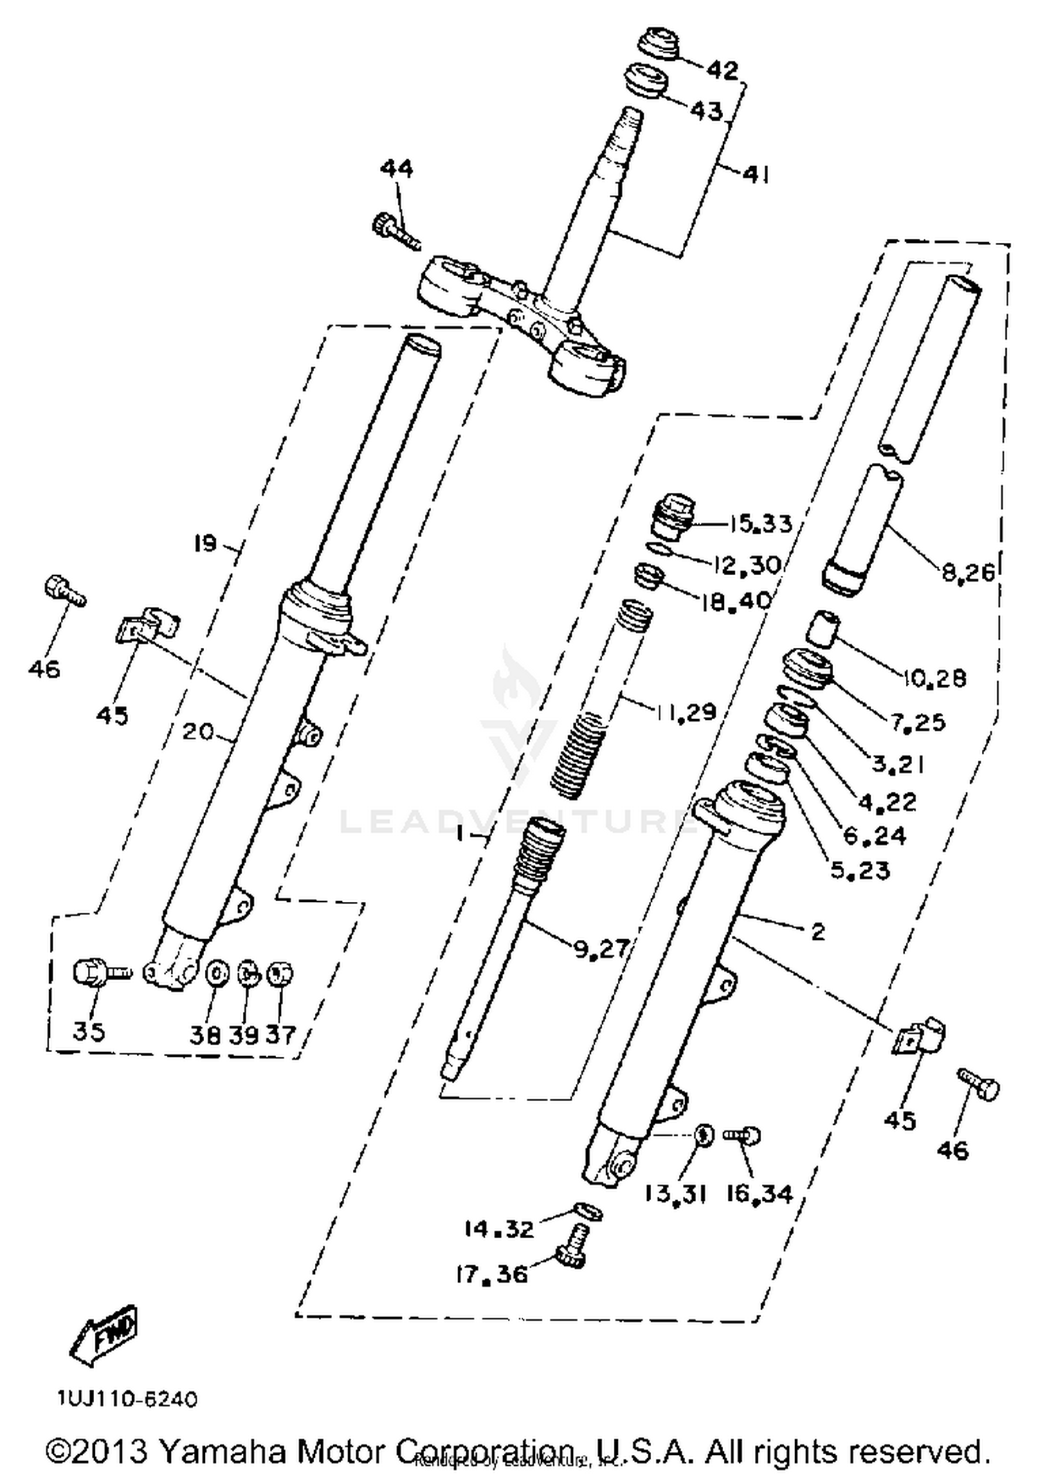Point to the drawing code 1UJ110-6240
[128, 1399]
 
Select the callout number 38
[205, 1035]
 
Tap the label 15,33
[759, 524]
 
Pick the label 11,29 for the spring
[684, 712]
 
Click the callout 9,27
[600, 948]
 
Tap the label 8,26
[967, 571]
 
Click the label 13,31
[675, 1194]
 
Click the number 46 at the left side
[44, 669]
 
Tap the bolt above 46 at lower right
[978, 1085]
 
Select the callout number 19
[205, 543]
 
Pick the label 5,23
[859, 870]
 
